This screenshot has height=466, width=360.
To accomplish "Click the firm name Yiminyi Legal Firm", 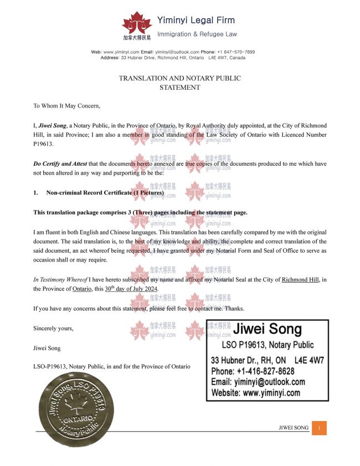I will (x=197, y=21).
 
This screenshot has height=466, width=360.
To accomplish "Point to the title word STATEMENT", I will (x=179, y=88).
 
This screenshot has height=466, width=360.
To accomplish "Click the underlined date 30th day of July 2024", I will (x=131, y=289).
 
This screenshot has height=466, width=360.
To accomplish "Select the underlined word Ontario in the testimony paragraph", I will (x=82, y=289).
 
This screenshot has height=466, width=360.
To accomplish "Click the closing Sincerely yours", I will (x=53, y=328).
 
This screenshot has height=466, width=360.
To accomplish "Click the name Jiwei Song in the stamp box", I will (x=268, y=330).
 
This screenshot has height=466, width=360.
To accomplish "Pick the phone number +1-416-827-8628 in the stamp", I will (x=253, y=371).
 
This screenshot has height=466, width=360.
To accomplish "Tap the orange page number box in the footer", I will (x=319, y=428).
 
